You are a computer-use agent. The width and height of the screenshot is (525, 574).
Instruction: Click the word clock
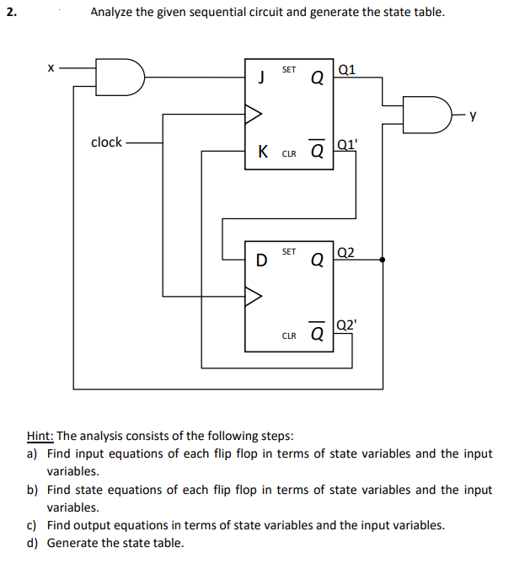point(106,142)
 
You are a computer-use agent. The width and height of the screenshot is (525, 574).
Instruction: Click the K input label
point(264,153)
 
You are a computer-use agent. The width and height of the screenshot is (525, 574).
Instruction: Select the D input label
point(262,260)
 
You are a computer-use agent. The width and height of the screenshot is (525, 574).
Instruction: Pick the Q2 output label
point(346,251)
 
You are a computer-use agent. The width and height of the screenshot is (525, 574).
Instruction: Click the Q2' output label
point(347,324)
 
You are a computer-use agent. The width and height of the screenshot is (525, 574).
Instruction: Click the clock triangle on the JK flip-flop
point(254,110)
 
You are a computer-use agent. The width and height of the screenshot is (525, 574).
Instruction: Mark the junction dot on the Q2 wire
point(384,260)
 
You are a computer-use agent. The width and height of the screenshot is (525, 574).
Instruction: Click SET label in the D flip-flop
point(288,251)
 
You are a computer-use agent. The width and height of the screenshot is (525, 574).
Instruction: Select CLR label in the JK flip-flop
point(288,154)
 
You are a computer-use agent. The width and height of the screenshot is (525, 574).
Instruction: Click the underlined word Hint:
point(40,436)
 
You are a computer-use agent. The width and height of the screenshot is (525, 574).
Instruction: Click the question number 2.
point(9,13)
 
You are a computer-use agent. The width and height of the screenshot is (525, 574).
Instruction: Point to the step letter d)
point(32,543)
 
